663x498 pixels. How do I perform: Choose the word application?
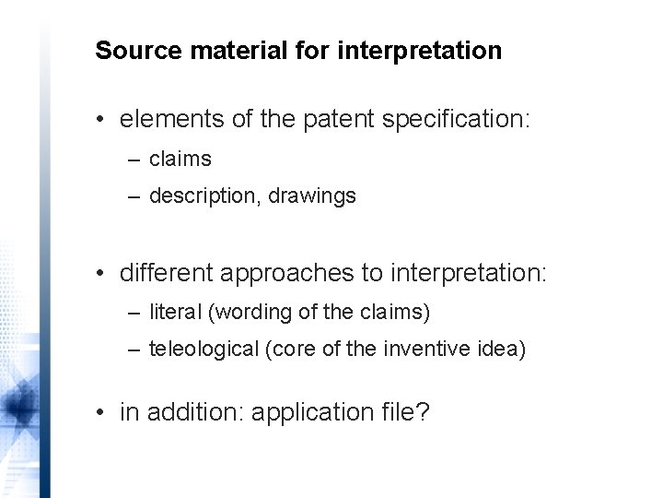[307, 412]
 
